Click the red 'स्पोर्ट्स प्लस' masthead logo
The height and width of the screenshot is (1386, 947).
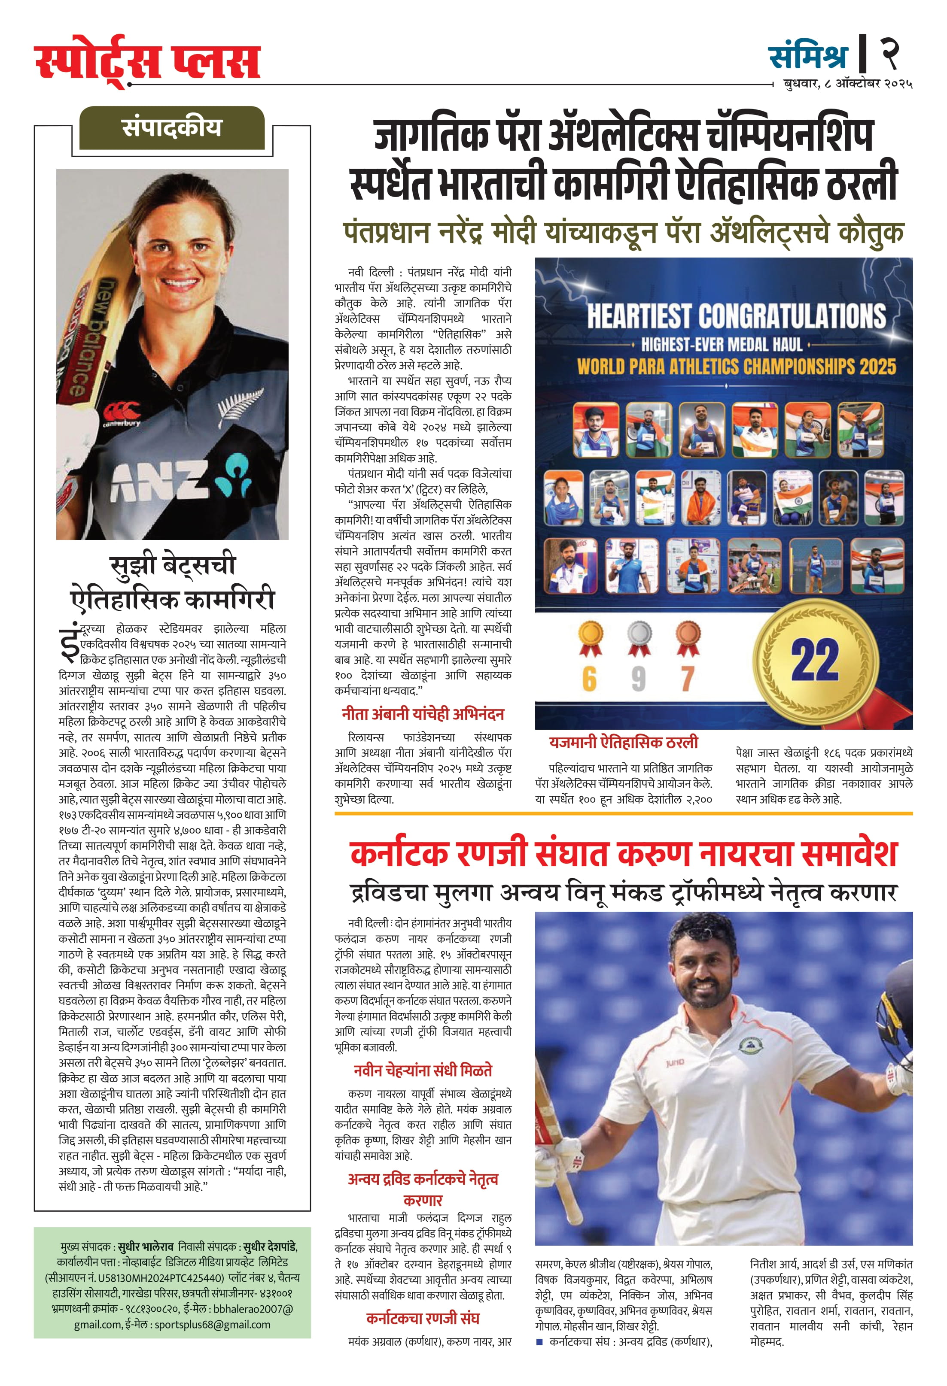click(147, 61)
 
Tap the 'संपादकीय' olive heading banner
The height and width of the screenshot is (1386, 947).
click(171, 127)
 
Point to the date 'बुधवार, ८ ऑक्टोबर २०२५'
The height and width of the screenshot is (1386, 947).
click(847, 84)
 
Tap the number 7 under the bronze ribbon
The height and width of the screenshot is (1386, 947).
click(688, 679)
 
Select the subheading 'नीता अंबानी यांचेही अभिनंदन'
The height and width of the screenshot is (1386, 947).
click(423, 714)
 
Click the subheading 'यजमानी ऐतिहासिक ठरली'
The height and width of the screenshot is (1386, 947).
click(623, 743)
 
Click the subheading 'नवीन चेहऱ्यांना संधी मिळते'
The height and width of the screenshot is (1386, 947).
click(423, 1071)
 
